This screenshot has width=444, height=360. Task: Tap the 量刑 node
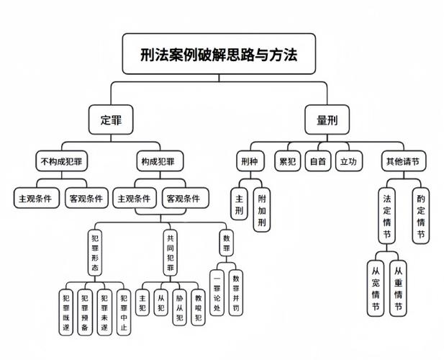327,120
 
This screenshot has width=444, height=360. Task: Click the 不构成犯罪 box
61,160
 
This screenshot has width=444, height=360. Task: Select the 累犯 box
289,160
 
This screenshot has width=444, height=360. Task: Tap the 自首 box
317,160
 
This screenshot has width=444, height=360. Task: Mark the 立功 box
348,160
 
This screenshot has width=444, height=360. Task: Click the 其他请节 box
403,160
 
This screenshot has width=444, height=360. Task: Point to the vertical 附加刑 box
263,209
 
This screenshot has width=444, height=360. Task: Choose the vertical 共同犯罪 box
171,253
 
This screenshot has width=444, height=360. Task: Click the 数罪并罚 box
236,292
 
